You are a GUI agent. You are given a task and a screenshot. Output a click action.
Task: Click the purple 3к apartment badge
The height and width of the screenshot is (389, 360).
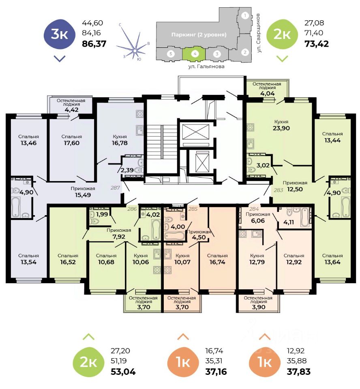tap(60, 34)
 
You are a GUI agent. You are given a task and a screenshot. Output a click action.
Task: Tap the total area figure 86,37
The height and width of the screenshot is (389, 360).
tap(94, 43)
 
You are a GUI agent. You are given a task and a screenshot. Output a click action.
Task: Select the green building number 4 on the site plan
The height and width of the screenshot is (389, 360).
tap(195, 53)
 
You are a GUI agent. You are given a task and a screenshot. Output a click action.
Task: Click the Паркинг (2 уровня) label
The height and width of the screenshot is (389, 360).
tap(198, 34)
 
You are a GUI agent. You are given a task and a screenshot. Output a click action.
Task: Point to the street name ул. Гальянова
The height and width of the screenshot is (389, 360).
tap(206, 66)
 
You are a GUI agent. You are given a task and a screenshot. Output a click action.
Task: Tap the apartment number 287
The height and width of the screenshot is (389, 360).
tap(116, 188)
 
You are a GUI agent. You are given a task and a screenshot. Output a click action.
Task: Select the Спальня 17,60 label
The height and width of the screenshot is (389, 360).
tap(72, 139)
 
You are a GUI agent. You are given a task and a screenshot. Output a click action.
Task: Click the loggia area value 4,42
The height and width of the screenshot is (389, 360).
tap(71, 109)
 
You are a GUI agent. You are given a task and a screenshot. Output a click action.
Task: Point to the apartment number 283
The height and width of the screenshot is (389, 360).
tap(278, 189)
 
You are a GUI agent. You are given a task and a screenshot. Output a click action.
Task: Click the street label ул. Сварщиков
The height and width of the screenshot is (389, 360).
tap(258, 33)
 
